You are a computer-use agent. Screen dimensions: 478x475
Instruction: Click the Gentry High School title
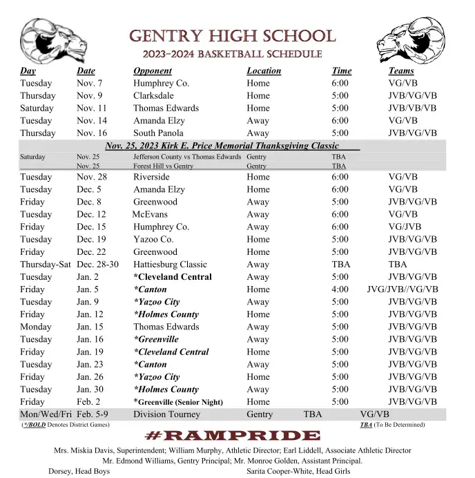coord(232,36)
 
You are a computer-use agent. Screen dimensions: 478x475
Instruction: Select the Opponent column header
coord(153,70)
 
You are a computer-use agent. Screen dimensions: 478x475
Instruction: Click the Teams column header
coord(401,70)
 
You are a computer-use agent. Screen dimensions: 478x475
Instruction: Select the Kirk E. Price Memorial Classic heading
coord(222,146)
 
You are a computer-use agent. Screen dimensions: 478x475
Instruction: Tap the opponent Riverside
coord(151,177)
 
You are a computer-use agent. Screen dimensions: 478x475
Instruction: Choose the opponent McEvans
coord(150,214)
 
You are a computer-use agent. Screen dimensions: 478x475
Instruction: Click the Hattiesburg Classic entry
coord(170,264)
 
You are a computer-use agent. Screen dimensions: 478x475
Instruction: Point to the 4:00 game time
coord(340,289)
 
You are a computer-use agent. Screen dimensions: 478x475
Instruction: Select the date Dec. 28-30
coord(97,264)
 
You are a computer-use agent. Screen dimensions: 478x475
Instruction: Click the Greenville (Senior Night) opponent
coord(178,402)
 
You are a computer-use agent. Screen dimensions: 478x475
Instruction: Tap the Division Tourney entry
coord(166,414)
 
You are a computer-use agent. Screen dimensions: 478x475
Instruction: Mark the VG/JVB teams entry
coord(405,227)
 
